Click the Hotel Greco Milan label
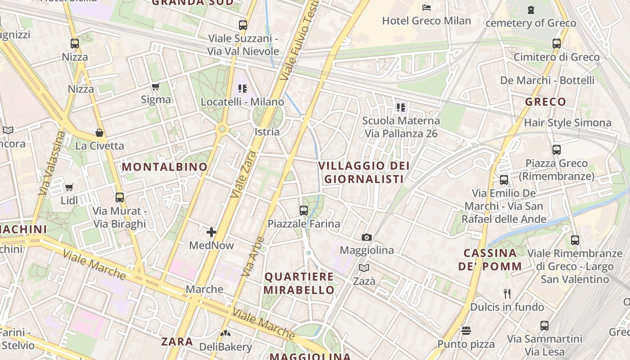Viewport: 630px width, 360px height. (x=426, y=21)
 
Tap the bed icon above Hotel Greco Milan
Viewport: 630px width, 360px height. (x=426, y=7)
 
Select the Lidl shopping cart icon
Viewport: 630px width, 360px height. (x=69, y=187)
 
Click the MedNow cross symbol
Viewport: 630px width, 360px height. (x=211, y=232)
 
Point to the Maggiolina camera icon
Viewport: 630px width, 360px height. (x=367, y=237)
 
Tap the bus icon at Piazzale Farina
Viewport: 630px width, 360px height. (x=304, y=210)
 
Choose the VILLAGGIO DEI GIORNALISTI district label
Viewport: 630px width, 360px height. (x=364, y=172)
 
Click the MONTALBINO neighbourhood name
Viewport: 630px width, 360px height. (x=165, y=167)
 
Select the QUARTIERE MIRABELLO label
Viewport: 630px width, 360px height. (x=299, y=283)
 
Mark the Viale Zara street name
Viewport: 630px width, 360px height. (x=243, y=175)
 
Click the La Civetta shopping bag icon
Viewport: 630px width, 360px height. (x=99, y=133)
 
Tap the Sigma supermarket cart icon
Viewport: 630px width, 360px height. (x=156, y=86)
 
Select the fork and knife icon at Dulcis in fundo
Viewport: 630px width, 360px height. (x=507, y=294)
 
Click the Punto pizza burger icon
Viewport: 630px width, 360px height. (x=466, y=331)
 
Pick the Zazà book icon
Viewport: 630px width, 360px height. (x=364, y=268)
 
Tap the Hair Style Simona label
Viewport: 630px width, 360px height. (x=567, y=123)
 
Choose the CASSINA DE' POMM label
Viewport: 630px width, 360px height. (x=490, y=260)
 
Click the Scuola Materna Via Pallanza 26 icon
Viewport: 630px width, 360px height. (x=401, y=108)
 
